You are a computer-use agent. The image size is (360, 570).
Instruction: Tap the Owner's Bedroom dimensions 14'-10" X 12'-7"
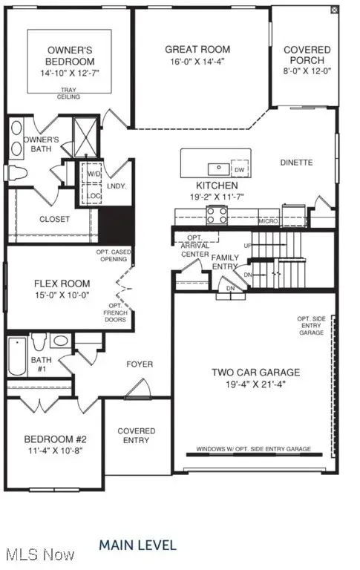coord(69,73)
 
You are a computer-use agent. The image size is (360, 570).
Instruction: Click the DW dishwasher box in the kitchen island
coord(239,167)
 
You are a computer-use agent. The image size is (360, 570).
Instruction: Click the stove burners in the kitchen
coord(217,215)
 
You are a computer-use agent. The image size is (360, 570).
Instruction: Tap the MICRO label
coord(268,220)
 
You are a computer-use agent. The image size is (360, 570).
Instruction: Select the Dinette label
coord(296,163)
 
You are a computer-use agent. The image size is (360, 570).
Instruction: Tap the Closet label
coord(54,219)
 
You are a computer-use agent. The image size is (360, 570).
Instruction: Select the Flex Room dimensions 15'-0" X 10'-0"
coord(62,295)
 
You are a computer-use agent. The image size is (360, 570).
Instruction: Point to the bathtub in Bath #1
coord(18,358)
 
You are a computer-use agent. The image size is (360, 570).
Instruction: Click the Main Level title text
coord(138,546)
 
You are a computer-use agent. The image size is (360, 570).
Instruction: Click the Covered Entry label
coord(137,436)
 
